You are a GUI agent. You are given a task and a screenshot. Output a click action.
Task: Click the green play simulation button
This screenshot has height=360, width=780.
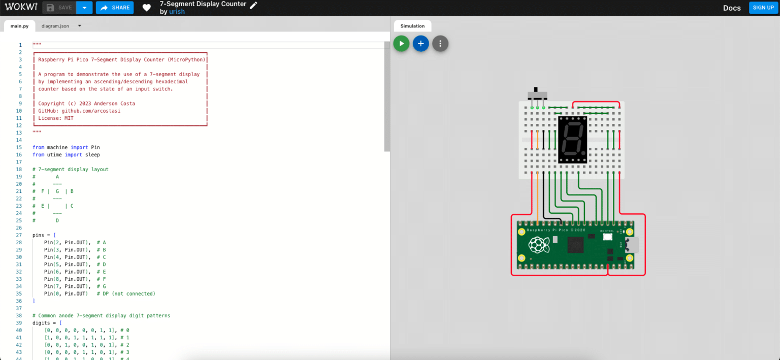[x=401, y=44]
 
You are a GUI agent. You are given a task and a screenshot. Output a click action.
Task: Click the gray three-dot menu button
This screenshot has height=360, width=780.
[x=440, y=44]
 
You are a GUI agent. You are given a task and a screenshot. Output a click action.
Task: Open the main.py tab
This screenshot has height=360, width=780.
[x=19, y=26]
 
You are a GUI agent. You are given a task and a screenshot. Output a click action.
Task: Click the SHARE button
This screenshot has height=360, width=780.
[x=115, y=8]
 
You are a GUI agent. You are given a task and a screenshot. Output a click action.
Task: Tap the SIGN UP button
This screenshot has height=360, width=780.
[x=763, y=8]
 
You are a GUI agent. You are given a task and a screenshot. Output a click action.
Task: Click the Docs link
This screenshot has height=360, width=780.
[x=732, y=8]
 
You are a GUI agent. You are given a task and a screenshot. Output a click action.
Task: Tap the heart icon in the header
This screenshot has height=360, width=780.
[x=147, y=8]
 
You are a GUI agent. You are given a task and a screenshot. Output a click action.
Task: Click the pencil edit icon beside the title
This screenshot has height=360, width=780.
[x=253, y=5]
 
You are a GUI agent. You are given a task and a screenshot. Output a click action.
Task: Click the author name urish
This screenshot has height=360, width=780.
[x=177, y=12]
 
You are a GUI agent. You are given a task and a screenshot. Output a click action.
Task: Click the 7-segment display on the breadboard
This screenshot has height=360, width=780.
[x=572, y=140]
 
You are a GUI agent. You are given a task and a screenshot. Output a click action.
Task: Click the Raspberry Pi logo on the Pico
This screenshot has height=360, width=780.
[x=539, y=246]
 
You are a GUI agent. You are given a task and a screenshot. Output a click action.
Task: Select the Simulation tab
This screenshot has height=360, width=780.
[x=412, y=26]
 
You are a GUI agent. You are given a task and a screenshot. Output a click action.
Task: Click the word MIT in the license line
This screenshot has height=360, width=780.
[x=68, y=118]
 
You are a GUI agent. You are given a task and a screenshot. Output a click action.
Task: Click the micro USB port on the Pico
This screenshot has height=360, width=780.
[x=633, y=246]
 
